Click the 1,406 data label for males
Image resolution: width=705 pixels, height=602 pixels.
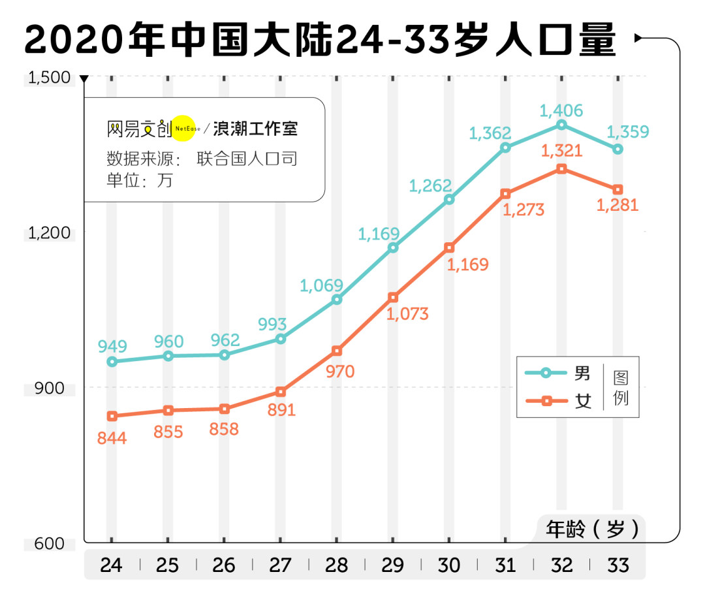[x=561, y=111]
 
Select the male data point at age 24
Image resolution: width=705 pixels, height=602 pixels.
[x=112, y=362]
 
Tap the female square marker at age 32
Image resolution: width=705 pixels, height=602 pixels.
[x=561, y=169]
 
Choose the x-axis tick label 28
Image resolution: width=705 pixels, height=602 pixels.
[x=336, y=565]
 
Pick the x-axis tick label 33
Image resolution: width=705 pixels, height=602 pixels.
[x=618, y=565]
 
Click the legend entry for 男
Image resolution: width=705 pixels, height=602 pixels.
[x=559, y=373]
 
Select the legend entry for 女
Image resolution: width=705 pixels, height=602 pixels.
[x=559, y=400]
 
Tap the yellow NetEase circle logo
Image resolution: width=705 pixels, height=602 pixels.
[x=184, y=129]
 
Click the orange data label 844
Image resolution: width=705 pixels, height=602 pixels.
[x=112, y=438]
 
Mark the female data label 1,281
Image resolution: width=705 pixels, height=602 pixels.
[x=618, y=205]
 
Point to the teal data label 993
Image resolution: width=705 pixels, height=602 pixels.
[x=272, y=324]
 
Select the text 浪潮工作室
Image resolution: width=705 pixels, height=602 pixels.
[x=255, y=129]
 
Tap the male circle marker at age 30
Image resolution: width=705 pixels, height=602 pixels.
[x=449, y=200]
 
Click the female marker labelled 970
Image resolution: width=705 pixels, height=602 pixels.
[x=337, y=351]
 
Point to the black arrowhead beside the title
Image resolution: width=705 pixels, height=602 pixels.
[x=639, y=39]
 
